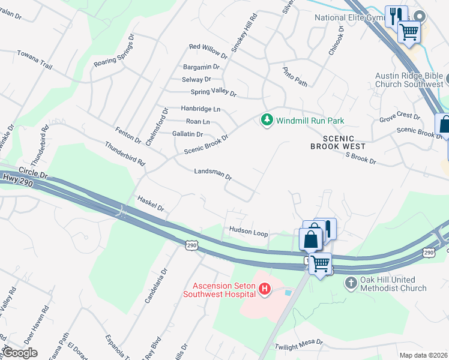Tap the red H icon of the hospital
(264, 290)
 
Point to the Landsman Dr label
(212, 174)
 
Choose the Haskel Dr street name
(150, 203)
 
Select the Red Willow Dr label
(208, 49)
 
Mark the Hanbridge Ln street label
(200, 109)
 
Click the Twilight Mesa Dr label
(299, 345)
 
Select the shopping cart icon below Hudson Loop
(321, 263)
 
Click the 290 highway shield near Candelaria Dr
(191, 245)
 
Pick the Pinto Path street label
(295, 76)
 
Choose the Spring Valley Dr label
(213, 92)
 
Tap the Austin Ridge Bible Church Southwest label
(409, 80)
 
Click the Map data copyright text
(423, 355)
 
